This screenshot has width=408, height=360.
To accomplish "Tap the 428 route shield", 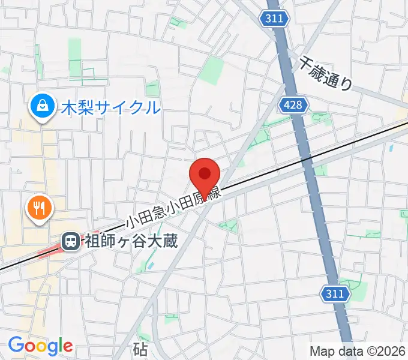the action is click(294, 106).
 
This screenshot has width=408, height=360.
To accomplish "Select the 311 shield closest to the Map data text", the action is click(335, 294).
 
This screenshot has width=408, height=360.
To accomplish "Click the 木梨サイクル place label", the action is click(111, 108).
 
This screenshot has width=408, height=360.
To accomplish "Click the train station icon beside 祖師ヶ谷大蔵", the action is click(70, 242).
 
